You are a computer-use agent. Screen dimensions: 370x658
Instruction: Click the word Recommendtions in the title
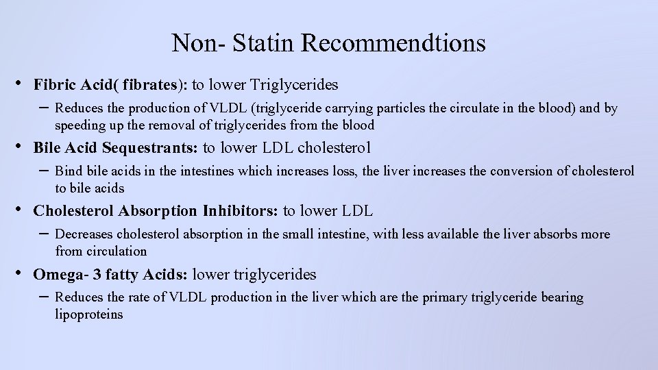pos(393,43)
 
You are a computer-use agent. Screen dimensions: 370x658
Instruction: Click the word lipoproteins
pos(89,314)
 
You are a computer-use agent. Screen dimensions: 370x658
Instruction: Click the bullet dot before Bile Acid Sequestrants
pos(19,147)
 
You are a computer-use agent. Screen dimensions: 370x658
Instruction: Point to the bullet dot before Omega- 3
pos(19,273)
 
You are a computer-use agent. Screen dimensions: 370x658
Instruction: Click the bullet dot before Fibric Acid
pos(19,84)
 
